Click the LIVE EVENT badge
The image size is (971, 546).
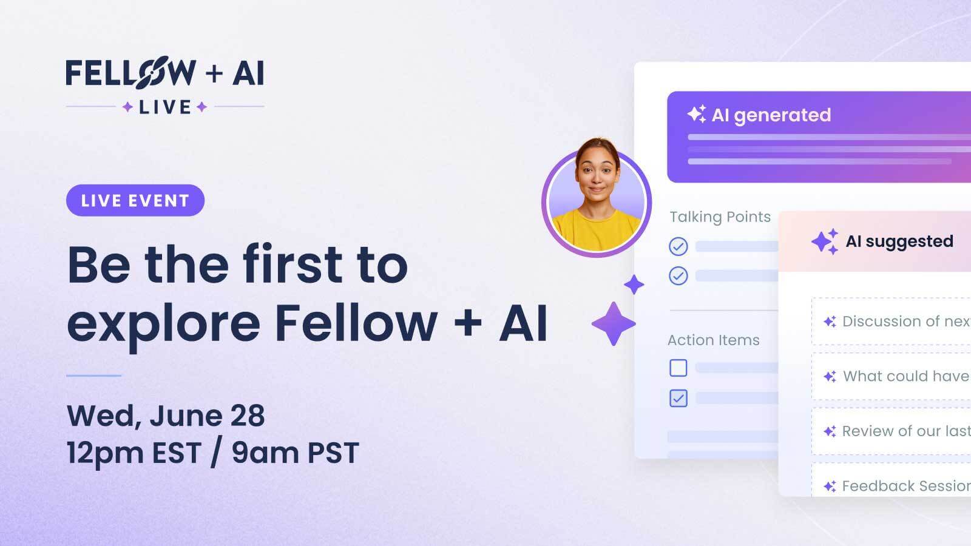(135, 200)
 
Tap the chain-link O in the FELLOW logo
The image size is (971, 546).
(152, 72)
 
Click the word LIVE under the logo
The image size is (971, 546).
(164, 107)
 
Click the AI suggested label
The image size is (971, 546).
(899, 241)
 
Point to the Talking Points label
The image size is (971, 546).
(720, 217)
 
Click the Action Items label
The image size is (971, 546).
(714, 340)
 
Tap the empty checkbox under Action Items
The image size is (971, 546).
(678, 368)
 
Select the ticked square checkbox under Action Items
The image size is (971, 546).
(678, 398)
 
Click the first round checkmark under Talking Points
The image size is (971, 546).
(678, 246)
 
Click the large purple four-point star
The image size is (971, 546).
(614, 324)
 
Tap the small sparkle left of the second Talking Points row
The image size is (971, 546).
(634, 285)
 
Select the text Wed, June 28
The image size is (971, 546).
(166, 416)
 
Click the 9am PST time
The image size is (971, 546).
(295, 453)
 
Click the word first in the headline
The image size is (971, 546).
(293, 264)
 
